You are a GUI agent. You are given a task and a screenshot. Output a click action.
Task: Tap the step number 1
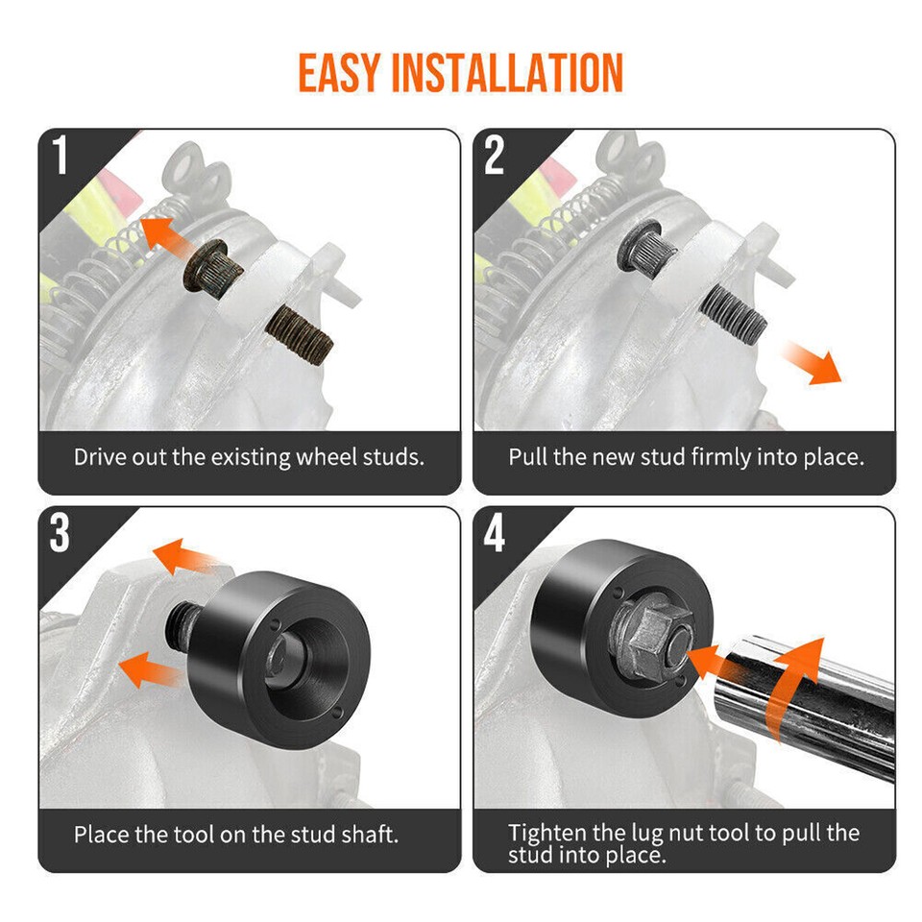[x=61, y=157]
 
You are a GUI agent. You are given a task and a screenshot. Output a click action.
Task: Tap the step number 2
[x=494, y=157]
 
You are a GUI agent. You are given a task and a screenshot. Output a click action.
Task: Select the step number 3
[x=61, y=534]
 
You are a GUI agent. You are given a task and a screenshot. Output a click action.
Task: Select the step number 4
[x=495, y=534]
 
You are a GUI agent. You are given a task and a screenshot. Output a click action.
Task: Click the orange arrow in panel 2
[x=810, y=363]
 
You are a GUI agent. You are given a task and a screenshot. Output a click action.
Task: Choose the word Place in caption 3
[x=101, y=834]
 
